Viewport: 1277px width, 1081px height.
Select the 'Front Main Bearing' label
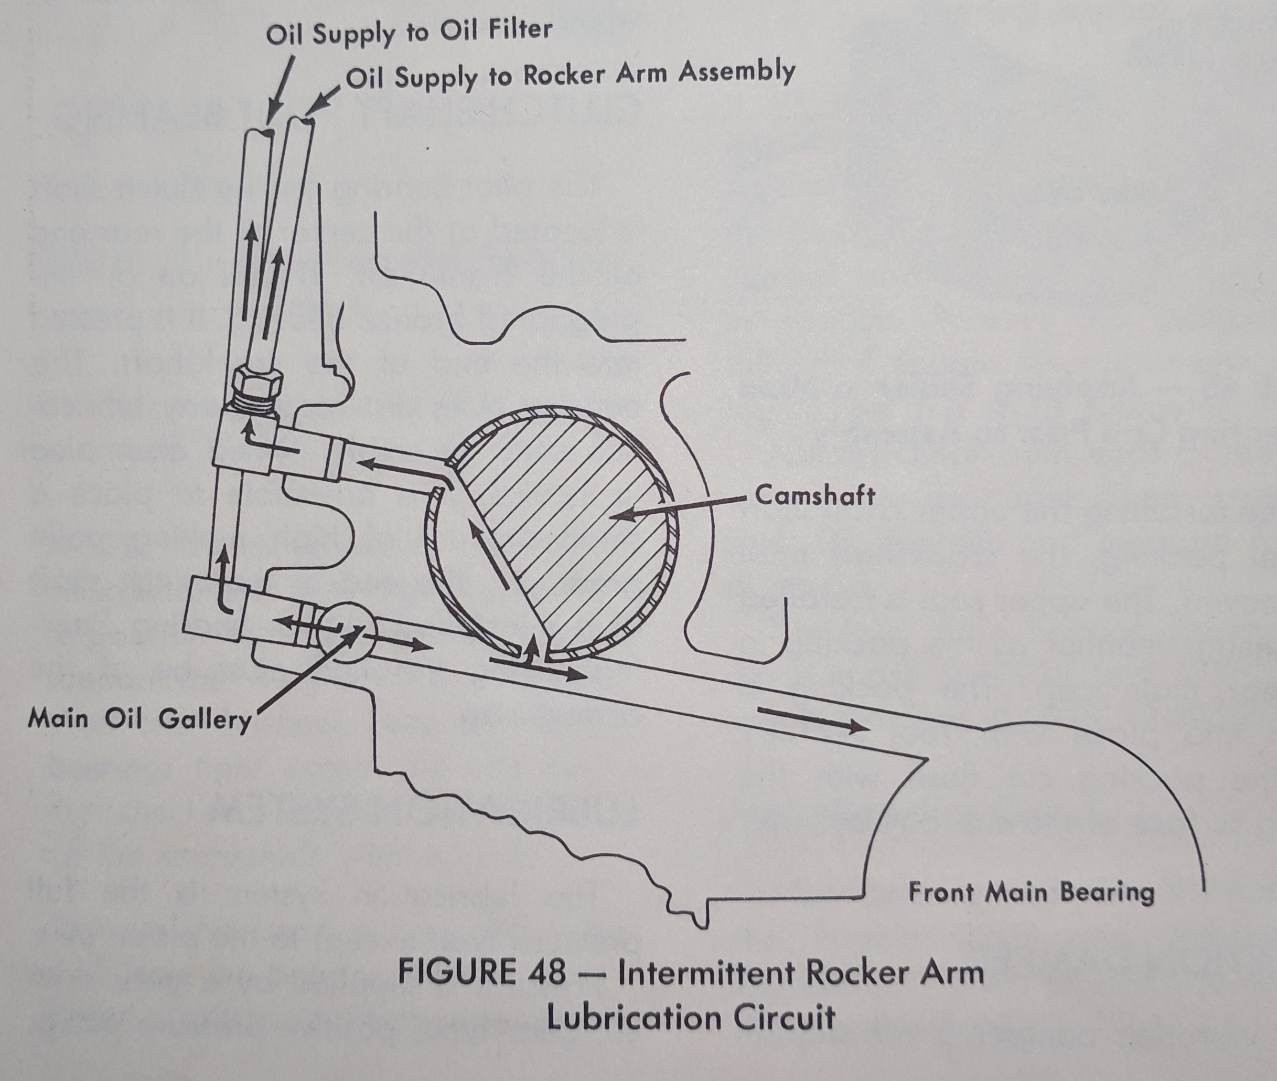(x=1031, y=892)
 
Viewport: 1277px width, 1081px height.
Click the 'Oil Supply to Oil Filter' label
(x=409, y=32)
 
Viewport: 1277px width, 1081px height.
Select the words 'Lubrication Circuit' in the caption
(x=691, y=1018)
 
